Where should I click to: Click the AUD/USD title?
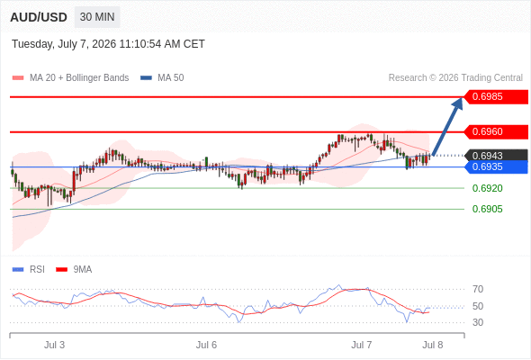39,17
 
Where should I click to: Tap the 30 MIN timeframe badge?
97,17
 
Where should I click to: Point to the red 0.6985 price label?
496,97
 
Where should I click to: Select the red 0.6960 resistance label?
496,131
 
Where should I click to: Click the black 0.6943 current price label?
496,156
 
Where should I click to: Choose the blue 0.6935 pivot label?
496,167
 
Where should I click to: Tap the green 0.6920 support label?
487,188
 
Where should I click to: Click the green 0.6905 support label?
487,209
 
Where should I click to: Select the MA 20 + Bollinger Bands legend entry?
70,78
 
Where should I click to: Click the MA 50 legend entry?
162,78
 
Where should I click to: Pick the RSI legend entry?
29,270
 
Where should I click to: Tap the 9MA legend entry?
74,270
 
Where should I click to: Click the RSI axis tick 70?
478,289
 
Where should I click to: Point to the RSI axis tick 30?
478,322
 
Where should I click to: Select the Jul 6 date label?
206,345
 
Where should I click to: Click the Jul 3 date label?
54,345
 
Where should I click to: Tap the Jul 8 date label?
433,345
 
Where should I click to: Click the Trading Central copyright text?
455,78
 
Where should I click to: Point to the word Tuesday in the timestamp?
32,44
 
